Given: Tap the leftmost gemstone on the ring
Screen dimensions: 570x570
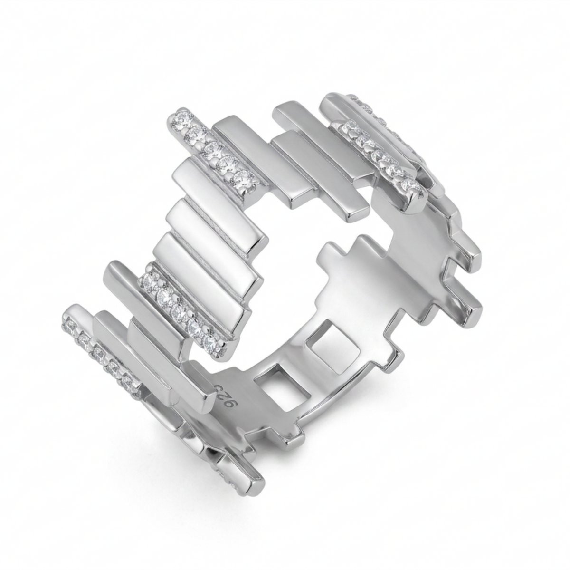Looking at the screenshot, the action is tap(68, 327).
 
